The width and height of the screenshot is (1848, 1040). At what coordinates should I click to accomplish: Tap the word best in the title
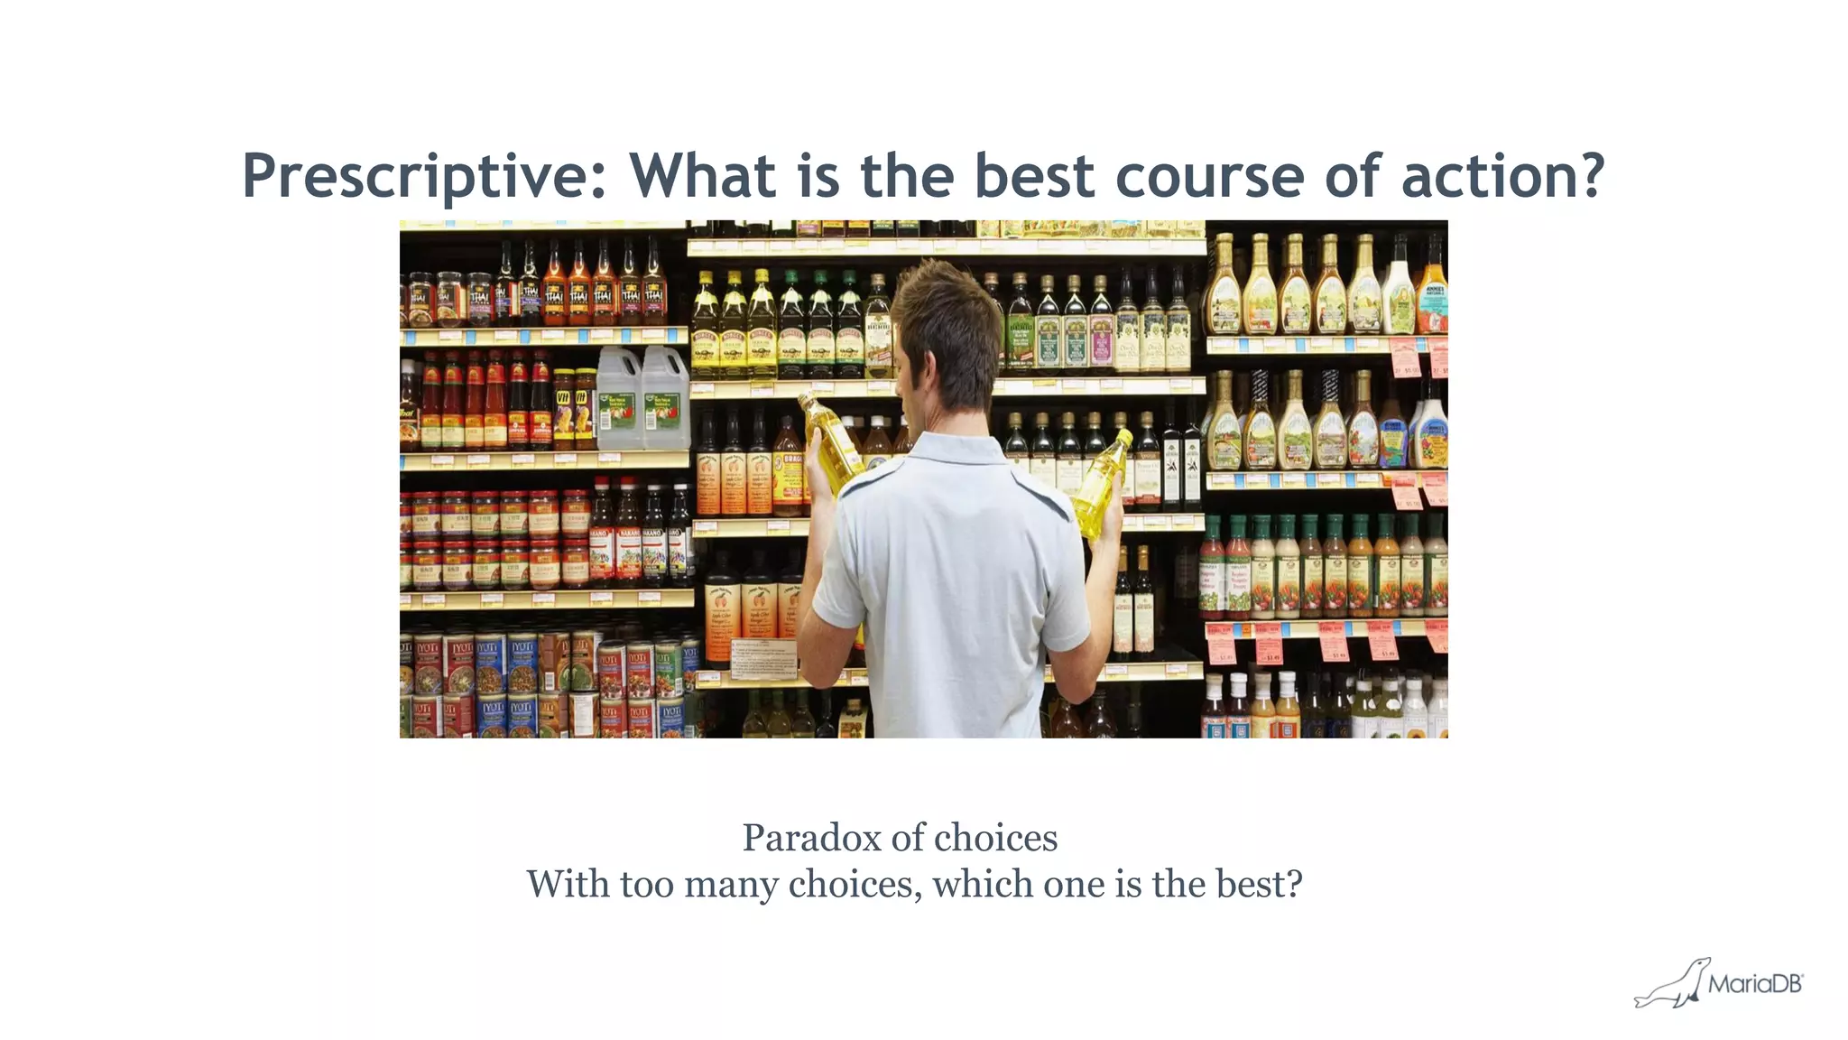[x=1034, y=176]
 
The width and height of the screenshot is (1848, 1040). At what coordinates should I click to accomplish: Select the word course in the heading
[x=1209, y=176]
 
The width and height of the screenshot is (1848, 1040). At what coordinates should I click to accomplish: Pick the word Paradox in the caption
[x=811, y=838]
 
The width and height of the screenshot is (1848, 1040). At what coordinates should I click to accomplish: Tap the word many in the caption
[x=730, y=884]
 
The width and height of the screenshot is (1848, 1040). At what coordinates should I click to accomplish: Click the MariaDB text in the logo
[x=1754, y=984]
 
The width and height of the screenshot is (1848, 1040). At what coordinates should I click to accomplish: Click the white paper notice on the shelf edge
[x=763, y=659]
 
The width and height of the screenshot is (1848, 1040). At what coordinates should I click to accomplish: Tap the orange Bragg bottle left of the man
[x=788, y=469]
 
